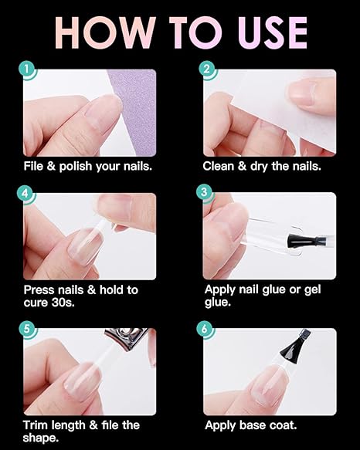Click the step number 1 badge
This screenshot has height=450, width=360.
tap(29, 72)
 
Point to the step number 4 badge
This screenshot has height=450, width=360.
tap(29, 195)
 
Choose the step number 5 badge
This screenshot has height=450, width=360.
tap(29, 330)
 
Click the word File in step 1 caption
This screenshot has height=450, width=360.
tap(34, 165)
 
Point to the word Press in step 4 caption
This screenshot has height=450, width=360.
tap(39, 289)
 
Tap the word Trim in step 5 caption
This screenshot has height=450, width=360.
tap(36, 425)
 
